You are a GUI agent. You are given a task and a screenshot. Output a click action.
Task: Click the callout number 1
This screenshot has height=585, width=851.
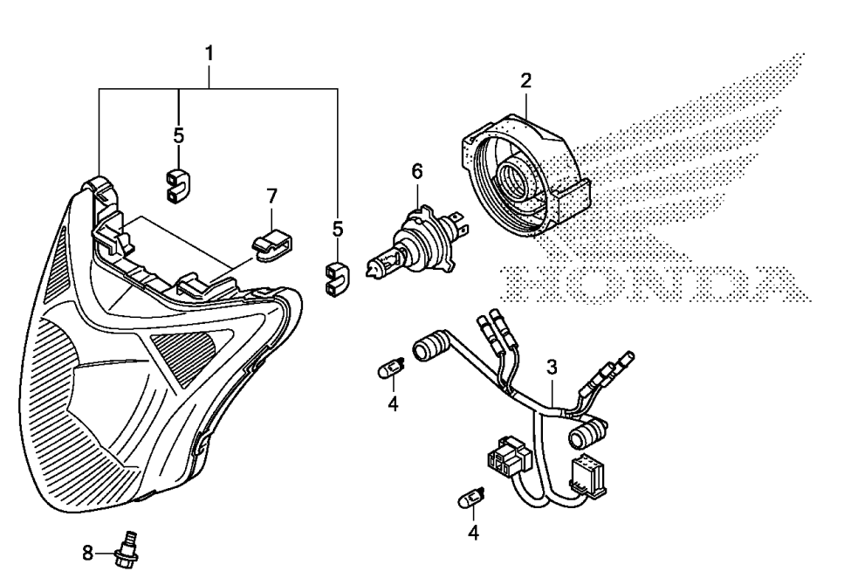209,53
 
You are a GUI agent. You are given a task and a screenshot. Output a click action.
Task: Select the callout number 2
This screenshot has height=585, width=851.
525,82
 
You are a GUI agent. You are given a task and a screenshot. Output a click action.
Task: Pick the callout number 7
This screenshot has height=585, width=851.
271,193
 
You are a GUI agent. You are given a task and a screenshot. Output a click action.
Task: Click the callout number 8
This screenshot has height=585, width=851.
87,552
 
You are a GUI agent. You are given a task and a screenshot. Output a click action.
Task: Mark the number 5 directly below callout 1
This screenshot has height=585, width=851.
178,136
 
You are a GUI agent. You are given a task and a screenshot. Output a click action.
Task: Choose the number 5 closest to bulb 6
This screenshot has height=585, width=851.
337,231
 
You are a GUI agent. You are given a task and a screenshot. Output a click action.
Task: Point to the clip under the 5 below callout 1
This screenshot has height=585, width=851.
178,183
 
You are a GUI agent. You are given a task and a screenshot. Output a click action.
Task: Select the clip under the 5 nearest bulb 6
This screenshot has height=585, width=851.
336,278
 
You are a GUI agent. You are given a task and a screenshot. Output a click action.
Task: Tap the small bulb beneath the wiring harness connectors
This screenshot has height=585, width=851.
470,500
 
